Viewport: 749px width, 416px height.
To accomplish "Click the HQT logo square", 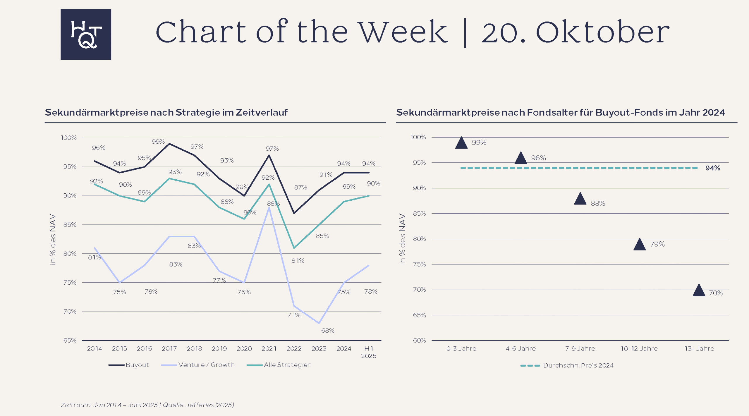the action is pos(86,34).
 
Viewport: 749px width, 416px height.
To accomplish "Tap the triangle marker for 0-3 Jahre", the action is pos(461,143).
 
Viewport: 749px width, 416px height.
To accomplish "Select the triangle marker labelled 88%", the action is pos(580,199).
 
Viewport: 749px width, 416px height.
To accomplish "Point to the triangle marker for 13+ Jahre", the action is pos(699,290).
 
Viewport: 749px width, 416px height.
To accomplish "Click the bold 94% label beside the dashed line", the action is pos(713,168).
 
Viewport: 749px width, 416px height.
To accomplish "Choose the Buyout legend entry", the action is pos(128,365).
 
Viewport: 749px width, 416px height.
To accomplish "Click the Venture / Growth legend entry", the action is pos(198,365).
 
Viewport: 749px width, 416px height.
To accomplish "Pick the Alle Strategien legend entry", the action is pos(279,365).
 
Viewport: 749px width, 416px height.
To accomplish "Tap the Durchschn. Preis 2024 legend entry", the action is pos(567,365).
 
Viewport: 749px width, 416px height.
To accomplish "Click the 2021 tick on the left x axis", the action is pos(269,348).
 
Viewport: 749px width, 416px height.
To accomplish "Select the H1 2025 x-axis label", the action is pos(369,352).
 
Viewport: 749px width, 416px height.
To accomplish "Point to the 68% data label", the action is pos(328,331).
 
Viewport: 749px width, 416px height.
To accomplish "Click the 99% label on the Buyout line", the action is pos(158,142).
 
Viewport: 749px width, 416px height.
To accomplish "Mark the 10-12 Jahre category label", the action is pos(639,348).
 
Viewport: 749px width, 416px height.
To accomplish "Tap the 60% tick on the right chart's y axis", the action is pos(419,340).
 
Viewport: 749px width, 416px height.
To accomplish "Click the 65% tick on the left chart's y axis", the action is pos(70,340).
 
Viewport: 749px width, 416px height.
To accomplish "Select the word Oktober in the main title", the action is pos(603,32).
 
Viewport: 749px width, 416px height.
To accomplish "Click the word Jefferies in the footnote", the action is pos(200,405).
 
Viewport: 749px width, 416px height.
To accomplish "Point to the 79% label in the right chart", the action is pos(657,244).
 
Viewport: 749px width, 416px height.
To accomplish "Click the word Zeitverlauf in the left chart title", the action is pos(262,112).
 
